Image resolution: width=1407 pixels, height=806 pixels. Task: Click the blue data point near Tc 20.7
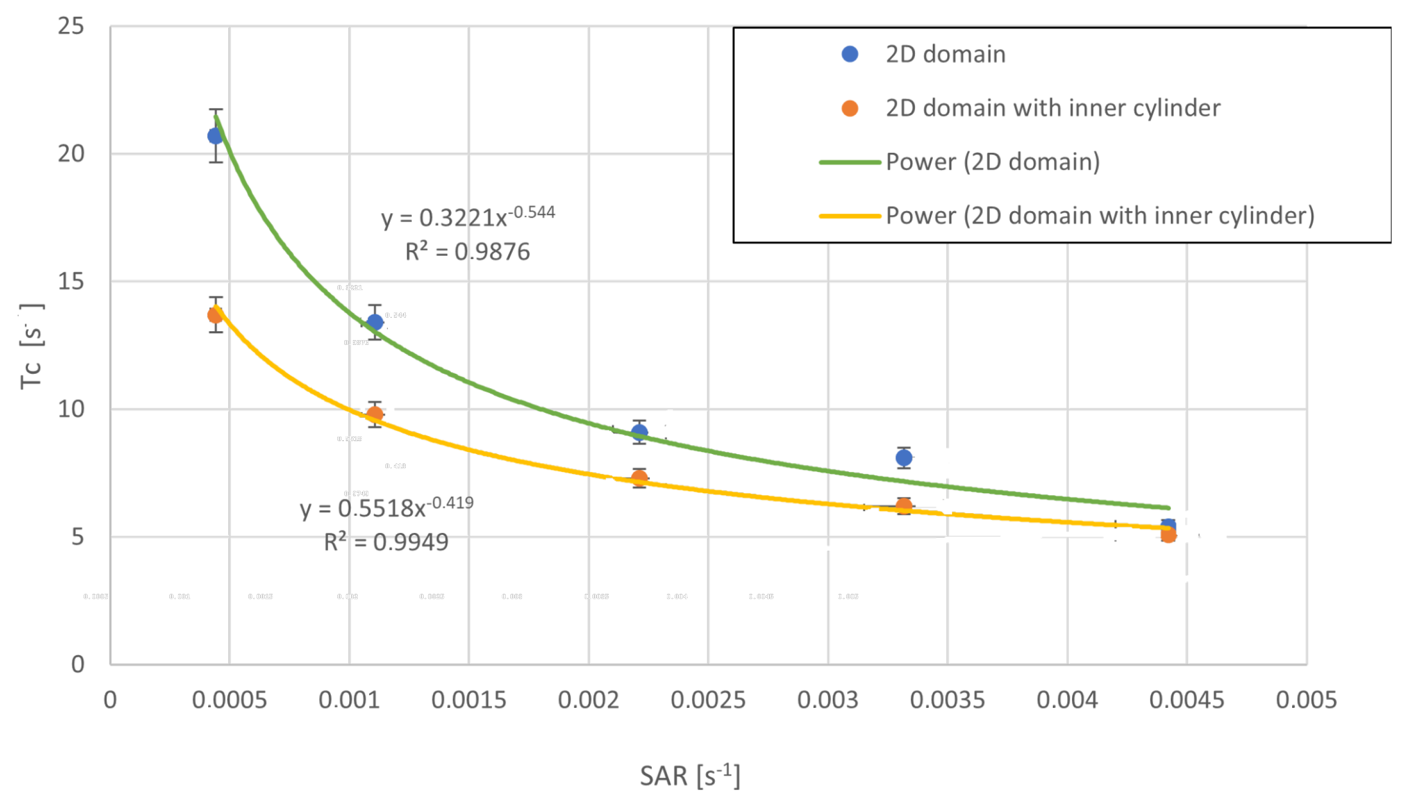coord(215,136)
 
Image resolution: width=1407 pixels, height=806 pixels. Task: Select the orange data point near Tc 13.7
coord(215,315)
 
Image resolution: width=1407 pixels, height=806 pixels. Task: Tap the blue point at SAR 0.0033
coord(903,458)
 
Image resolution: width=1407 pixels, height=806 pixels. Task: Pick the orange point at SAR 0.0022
coord(639,478)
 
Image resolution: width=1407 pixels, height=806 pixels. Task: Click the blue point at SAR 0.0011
coord(375,322)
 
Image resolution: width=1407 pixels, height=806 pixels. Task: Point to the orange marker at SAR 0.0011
coord(375,414)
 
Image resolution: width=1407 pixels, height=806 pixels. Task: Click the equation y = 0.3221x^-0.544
coord(468,217)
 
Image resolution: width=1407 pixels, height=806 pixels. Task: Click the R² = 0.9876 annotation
coord(468,252)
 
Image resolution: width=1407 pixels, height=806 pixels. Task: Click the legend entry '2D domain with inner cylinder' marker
coord(849,109)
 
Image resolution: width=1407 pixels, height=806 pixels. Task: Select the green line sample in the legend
coord(849,162)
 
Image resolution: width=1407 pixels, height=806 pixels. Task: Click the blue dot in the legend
coord(849,54)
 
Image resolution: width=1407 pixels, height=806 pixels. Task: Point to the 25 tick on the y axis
coord(71,26)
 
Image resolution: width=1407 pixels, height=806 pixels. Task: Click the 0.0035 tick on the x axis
coord(947,700)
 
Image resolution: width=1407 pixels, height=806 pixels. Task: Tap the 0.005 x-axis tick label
coord(1306,700)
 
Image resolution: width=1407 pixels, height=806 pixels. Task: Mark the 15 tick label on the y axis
coord(71,281)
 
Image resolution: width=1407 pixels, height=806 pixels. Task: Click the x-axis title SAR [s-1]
coord(690,775)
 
